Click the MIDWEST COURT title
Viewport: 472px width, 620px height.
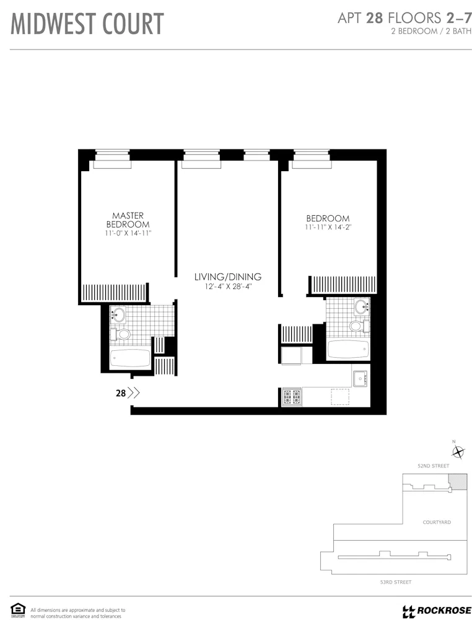pos(87,24)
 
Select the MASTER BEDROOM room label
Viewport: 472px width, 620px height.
pos(128,220)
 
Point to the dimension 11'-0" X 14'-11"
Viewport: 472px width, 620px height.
pos(128,233)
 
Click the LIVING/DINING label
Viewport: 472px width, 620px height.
pos(228,277)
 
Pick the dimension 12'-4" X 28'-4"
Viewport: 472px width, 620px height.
pos(228,286)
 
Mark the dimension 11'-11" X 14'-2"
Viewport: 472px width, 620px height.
pos(328,228)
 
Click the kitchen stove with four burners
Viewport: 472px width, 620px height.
pos(292,396)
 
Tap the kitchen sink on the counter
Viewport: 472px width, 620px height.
pos(360,378)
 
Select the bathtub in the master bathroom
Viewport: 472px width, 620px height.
pos(130,358)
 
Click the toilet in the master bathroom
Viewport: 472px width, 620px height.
pos(122,335)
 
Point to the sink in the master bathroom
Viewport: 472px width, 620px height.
pos(118,315)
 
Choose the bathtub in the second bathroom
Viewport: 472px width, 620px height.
pos(348,348)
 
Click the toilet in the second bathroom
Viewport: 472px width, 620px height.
pos(357,325)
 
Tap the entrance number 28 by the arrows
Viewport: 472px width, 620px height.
pos(121,392)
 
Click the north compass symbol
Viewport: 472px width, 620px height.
pos(457,452)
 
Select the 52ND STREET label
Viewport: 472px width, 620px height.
pos(433,465)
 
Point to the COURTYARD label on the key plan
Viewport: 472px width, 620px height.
pos(437,522)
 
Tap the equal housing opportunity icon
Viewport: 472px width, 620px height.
pos(18,610)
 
